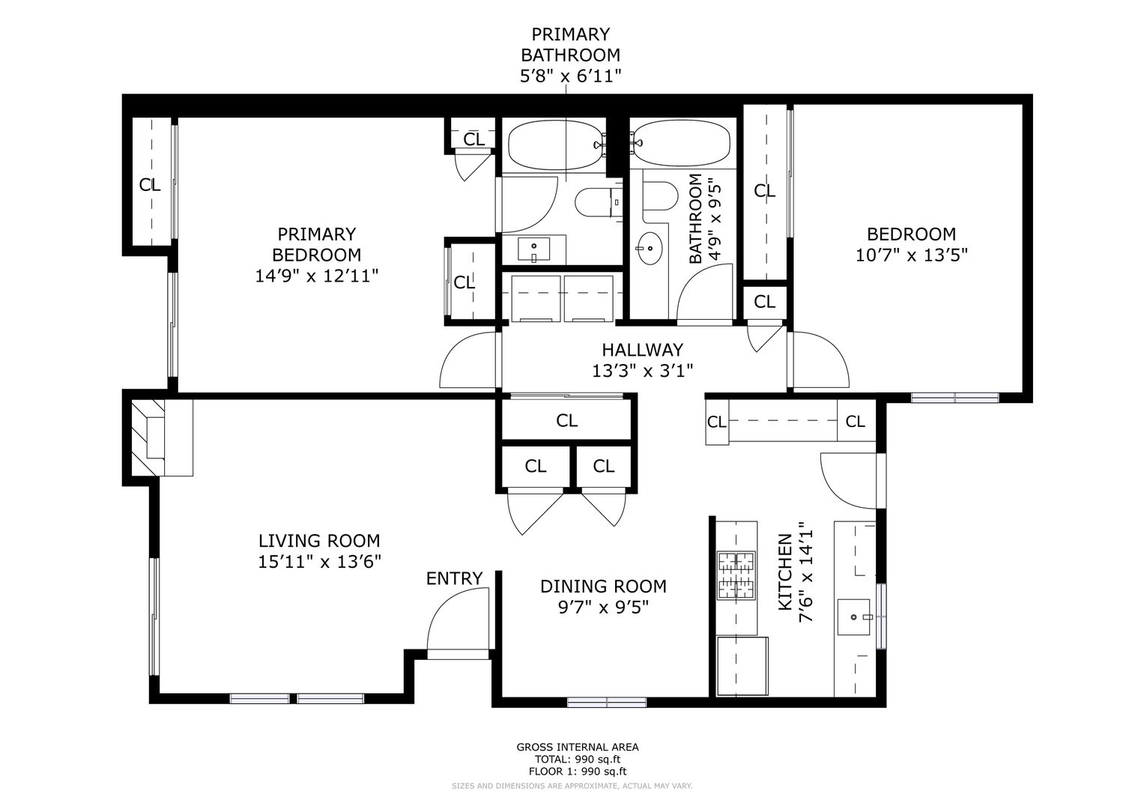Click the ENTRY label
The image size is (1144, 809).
[x=454, y=578]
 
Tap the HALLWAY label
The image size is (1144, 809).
[x=642, y=350]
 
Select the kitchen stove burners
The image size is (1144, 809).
[x=736, y=575]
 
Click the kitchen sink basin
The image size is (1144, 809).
[x=853, y=617]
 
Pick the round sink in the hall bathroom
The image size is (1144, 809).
[x=650, y=248]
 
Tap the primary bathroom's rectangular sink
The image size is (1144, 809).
[x=533, y=249]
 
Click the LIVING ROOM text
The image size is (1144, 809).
[x=318, y=541]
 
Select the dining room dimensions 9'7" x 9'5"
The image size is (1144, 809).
[x=603, y=607]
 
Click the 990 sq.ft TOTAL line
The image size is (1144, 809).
[x=577, y=759]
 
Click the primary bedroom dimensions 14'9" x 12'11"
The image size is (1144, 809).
[x=317, y=276]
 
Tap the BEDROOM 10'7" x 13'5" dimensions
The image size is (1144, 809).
[x=912, y=255]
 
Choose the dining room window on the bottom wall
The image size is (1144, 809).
[x=607, y=703]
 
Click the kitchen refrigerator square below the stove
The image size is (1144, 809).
[x=742, y=666]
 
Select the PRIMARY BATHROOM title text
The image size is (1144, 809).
[x=570, y=44]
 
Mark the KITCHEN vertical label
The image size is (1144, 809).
[x=784, y=572]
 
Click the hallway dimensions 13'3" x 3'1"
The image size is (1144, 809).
[x=642, y=371]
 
